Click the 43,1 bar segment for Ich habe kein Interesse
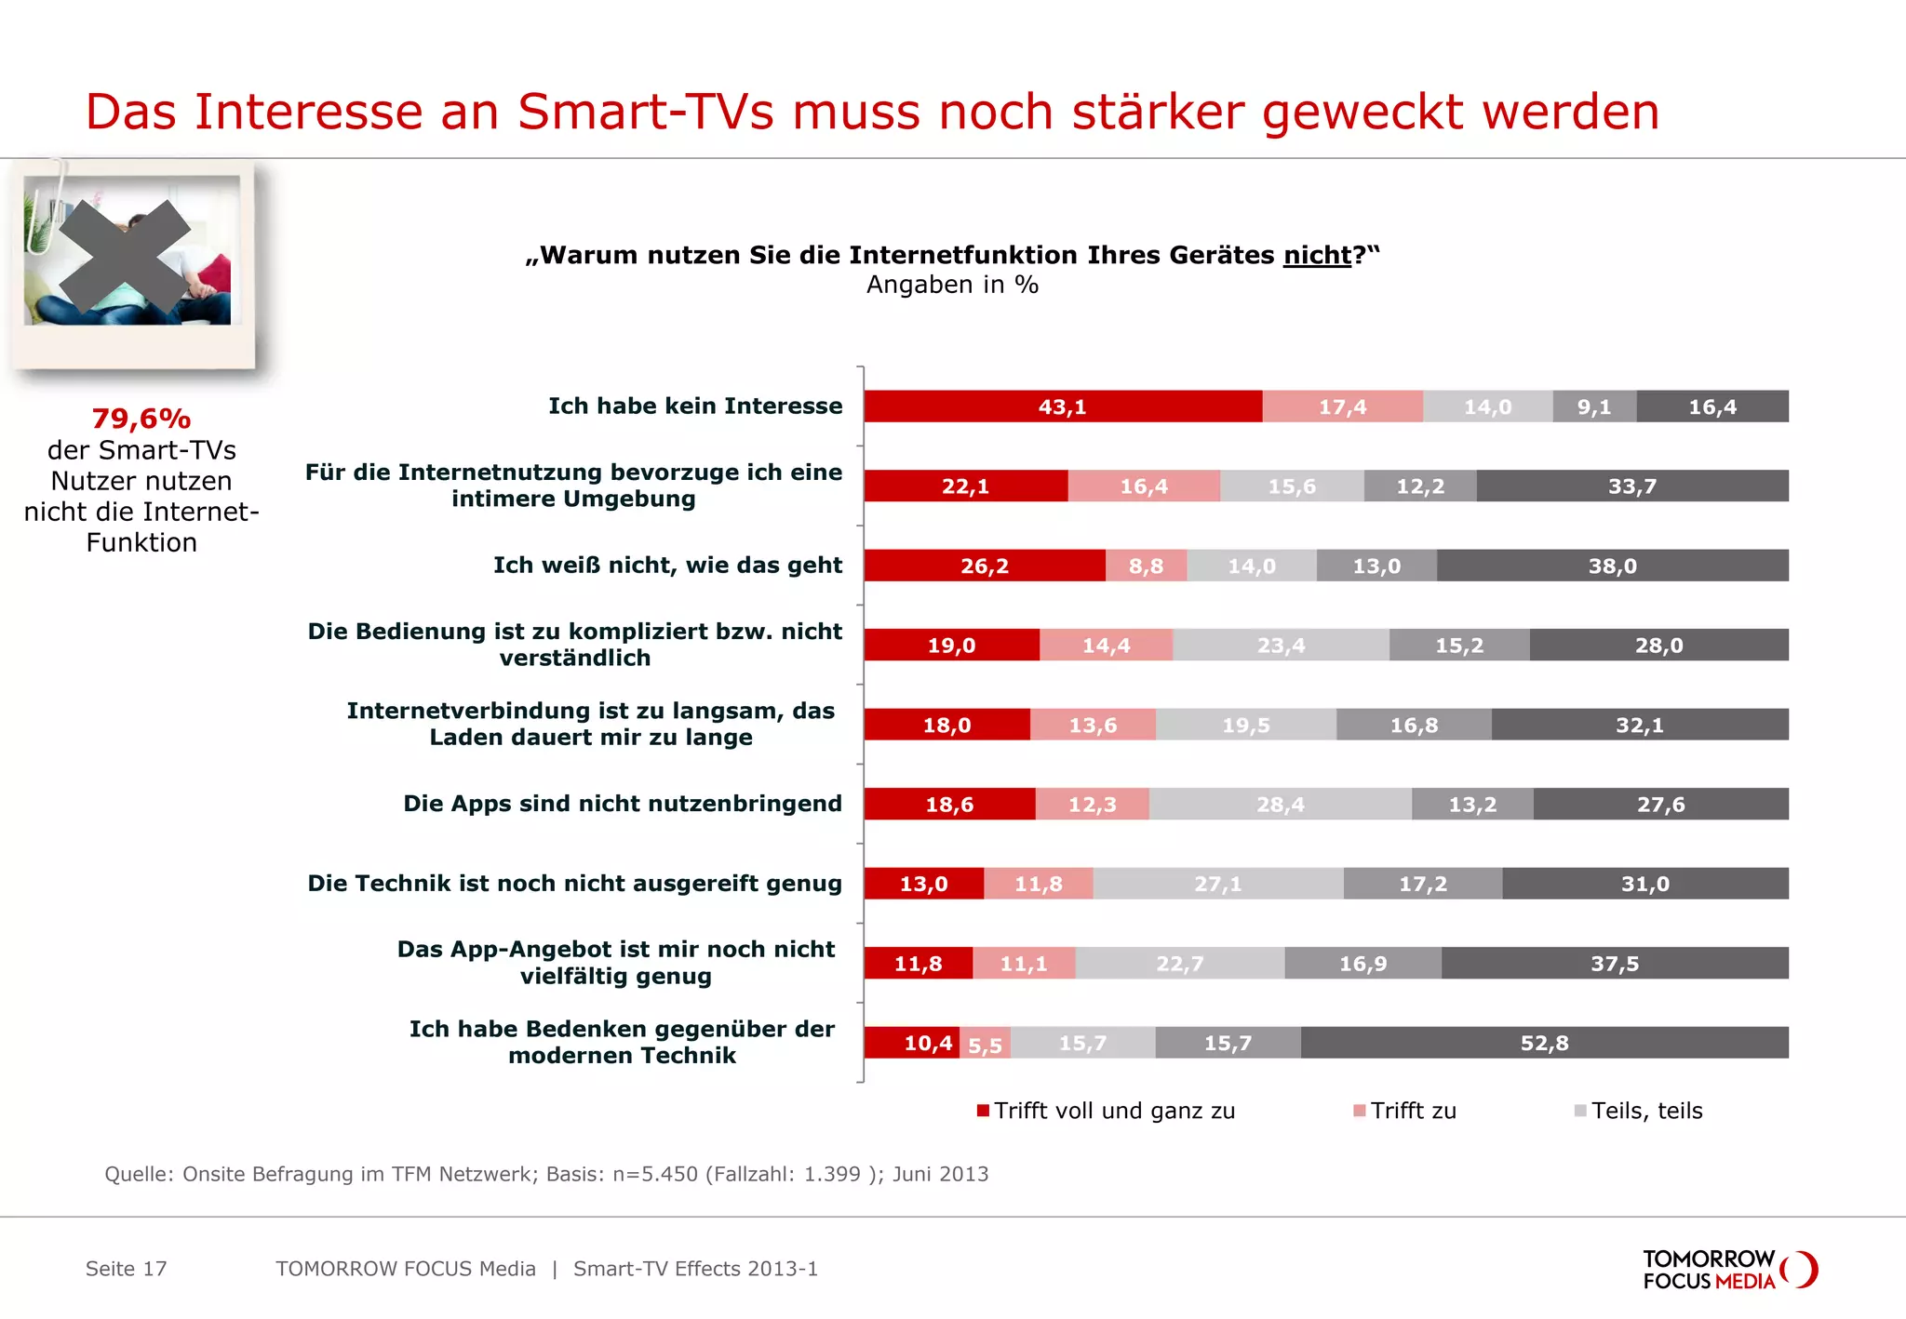point(1062,406)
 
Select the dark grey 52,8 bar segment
point(1544,1043)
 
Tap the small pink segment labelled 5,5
point(985,1044)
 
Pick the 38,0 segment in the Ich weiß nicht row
point(1612,566)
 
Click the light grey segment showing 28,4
point(1280,804)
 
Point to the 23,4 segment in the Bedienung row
point(1281,645)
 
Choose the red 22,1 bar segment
point(965,486)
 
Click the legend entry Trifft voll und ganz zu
point(1113,1111)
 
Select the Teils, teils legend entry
point(1645,1111)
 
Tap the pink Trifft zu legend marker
point(1360,1111)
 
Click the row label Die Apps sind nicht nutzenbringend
point(622,804)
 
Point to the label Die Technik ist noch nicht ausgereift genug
point(574,883)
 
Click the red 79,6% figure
point(141,419)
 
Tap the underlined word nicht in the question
point(1317,255)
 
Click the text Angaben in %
point(952,285)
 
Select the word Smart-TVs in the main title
point(645,112)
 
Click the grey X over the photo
point(126,256)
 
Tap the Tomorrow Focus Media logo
point(1728,1270)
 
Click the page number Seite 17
point(126,1269)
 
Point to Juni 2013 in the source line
point(940,1174)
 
